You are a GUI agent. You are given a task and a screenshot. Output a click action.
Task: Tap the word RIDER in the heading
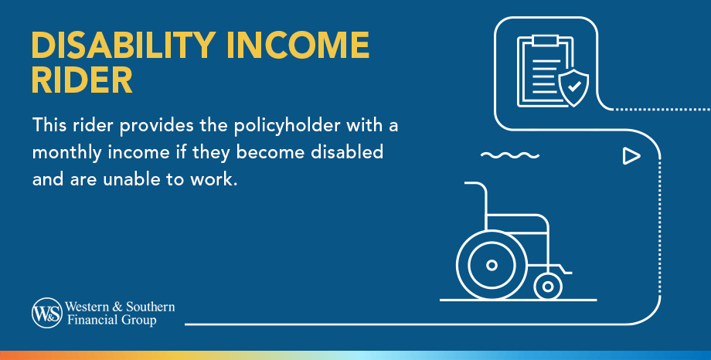point(82,81)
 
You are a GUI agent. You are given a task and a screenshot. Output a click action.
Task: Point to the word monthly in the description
point(65,152)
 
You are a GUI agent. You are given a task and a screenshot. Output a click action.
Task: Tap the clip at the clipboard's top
point(544,39)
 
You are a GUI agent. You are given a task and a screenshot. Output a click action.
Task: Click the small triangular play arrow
point(631,157)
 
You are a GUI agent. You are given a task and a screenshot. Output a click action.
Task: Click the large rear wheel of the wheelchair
point(492,265)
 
